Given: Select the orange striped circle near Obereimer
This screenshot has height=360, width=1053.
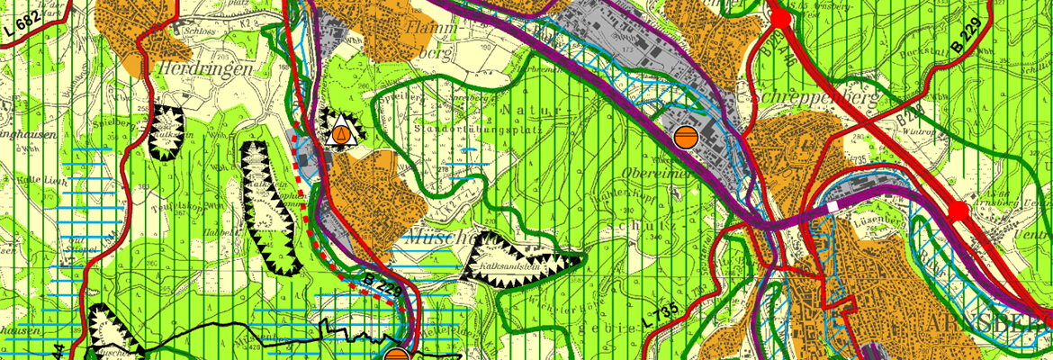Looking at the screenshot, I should tap(684, 136).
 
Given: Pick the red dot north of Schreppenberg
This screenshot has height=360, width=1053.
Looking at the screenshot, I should tap(780, 17).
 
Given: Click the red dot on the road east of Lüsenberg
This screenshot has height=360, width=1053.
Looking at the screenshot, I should tap(958, 211).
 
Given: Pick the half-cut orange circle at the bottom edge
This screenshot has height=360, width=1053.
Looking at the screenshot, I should tap(397, 355).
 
